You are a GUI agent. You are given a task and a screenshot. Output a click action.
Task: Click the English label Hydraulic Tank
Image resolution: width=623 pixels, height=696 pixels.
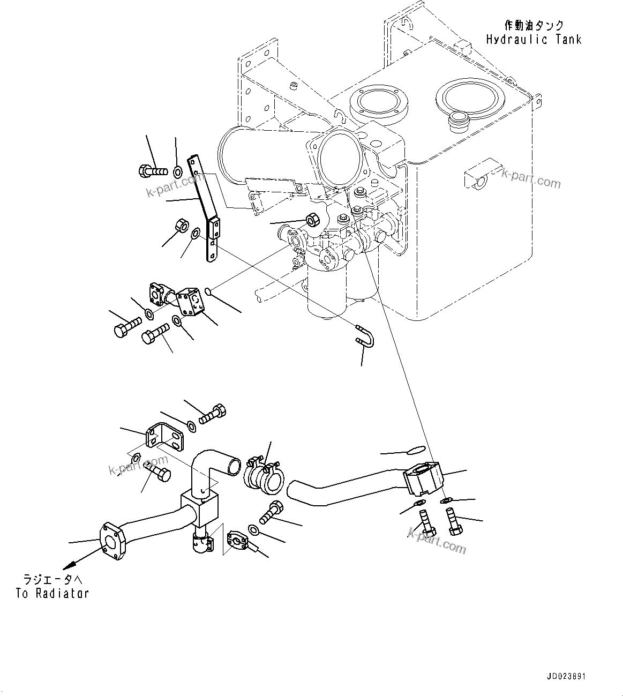(534, 39)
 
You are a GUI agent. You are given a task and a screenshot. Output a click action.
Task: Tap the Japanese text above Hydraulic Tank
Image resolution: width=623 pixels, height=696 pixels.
(534, 25)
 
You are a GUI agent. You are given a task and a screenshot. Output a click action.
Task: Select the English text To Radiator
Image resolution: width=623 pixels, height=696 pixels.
(52, 593)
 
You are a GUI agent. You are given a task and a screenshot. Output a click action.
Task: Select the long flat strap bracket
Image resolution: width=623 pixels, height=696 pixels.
(206, 209)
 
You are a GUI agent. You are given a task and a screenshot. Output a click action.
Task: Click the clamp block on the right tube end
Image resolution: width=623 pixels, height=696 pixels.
(423, 476)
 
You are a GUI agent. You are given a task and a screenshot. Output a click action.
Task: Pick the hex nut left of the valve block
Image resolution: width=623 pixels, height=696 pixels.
(312, 219)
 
